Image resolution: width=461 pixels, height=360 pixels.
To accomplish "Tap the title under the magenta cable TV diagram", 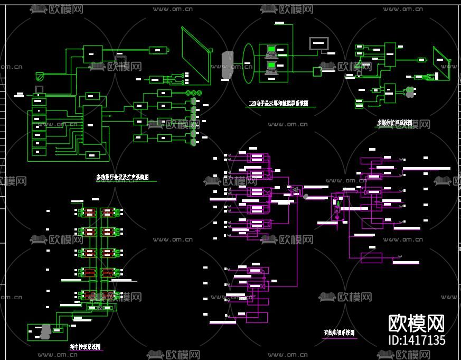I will (339, 333).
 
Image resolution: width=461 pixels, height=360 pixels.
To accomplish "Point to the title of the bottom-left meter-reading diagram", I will (85, 347).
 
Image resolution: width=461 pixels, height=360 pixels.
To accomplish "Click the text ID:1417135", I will (417, 340).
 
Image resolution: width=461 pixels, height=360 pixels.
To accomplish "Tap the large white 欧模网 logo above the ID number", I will (417, 322).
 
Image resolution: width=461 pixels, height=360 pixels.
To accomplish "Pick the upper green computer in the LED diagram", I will (271, 51).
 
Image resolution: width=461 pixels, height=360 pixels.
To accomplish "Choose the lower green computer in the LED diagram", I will (271, 66).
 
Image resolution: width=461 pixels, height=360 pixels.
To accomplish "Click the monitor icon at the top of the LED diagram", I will (318, 43).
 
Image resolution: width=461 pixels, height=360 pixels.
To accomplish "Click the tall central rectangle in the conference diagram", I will (92, 124).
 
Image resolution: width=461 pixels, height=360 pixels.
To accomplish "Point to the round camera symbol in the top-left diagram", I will (39, 76).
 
